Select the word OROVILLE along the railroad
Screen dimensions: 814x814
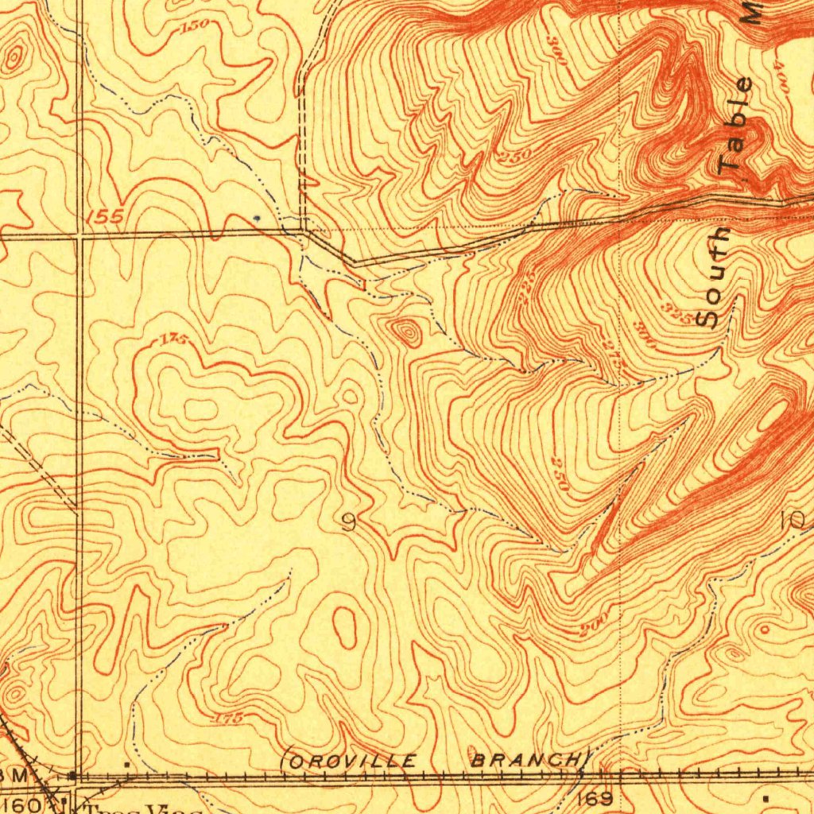pyautogui.click(x=351, y=762)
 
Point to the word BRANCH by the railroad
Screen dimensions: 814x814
pyautogui.click(x=529, y=759)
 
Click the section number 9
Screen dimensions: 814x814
pyautogui.click(x=347, y=522)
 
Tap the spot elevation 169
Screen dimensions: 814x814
pyautogui.click(x=596, y=798)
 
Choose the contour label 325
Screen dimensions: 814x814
pyautogui.click(x=678, y=308)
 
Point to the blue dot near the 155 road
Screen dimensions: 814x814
pyautogui.click(x=256, y=215)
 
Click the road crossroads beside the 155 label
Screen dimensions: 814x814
pyautogui.click(x=80, y=235)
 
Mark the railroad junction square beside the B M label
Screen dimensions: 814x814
pyautogui.click(x=72, y=774)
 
